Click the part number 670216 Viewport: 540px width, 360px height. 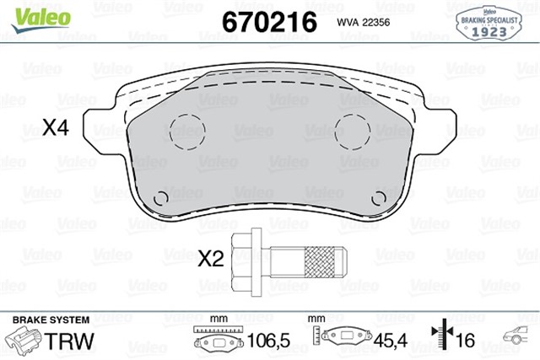click(268, 20)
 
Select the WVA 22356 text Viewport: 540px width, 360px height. click(363, 22)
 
